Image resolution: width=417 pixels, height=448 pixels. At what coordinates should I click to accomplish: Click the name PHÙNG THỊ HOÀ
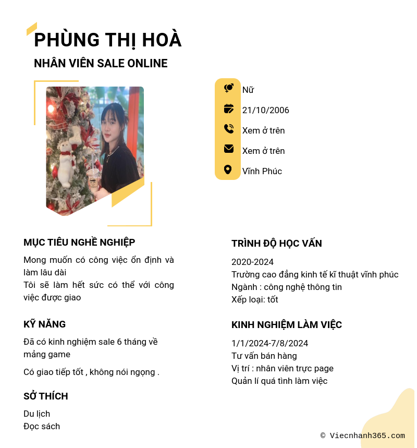pos(107,40)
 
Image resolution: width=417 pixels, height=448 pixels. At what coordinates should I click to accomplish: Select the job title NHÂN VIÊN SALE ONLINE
pos(101,64)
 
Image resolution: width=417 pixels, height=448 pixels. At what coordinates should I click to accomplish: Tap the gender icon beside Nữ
pos(228,89)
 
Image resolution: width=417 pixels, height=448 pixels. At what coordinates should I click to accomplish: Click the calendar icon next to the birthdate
pos(228,109)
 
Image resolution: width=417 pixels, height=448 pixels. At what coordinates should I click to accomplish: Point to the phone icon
pos(228,129)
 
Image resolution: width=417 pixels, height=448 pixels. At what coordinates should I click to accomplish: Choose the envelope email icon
pos(228,149)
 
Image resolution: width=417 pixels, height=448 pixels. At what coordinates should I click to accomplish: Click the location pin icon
pos(228,169)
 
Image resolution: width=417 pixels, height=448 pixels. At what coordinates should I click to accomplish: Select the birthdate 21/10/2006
pos(265,110)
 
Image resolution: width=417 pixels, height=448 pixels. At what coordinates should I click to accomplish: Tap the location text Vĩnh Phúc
pos(262,171)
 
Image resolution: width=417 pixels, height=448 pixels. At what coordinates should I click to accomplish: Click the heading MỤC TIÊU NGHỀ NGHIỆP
pos(79,243)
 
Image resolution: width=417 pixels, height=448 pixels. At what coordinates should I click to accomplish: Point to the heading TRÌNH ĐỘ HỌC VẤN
pos(276,244)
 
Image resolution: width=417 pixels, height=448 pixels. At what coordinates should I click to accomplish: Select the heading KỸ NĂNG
pos(44,324)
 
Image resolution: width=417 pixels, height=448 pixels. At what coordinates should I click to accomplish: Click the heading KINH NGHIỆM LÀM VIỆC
pos(286,325)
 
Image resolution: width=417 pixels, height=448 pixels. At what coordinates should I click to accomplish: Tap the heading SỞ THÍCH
pos(45,396)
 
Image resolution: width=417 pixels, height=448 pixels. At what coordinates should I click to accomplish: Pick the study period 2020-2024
pos(252,262)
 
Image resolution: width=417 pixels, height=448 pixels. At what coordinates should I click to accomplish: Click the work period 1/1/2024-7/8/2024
pos(269,343)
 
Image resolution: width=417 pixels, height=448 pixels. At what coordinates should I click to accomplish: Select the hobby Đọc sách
pos(42,426)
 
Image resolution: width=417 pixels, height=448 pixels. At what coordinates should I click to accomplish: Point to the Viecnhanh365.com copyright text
pos(362,435)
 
